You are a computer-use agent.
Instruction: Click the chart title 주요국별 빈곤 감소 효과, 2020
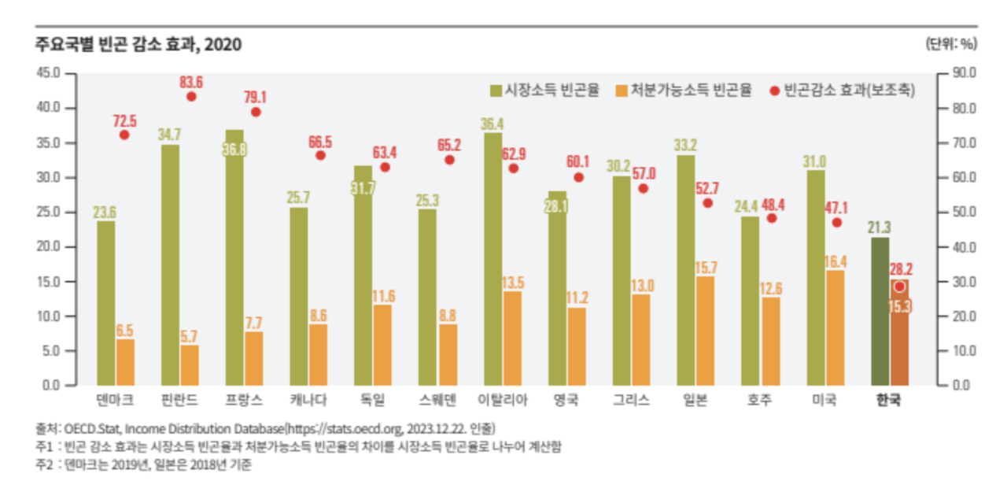(x=137, y=45)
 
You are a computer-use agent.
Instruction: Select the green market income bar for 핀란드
(x=170, y=264)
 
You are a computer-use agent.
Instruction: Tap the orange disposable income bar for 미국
(x=835, y=327)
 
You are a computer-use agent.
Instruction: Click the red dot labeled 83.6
(x=191, y=97)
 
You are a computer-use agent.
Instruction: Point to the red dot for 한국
(x=899, y=287)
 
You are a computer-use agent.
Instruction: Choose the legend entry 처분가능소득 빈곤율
(x=685, y=91)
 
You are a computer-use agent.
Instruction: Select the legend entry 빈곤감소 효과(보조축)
(x=847, y=91)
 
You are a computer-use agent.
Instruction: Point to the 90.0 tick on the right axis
(x=965, y=73)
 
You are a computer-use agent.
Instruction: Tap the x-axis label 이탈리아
(x=503, y=400)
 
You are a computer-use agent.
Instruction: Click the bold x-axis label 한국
(x=889, y=400)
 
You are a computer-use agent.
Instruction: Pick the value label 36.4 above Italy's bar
(x=492, y=124)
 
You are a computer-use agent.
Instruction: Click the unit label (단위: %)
(x=950, y=45)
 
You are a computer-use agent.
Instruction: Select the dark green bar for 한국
(x=880, y=311)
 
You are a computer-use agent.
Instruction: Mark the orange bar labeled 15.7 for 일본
(x=706, y=331)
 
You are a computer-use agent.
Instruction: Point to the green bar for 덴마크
(x=105, y=303)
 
